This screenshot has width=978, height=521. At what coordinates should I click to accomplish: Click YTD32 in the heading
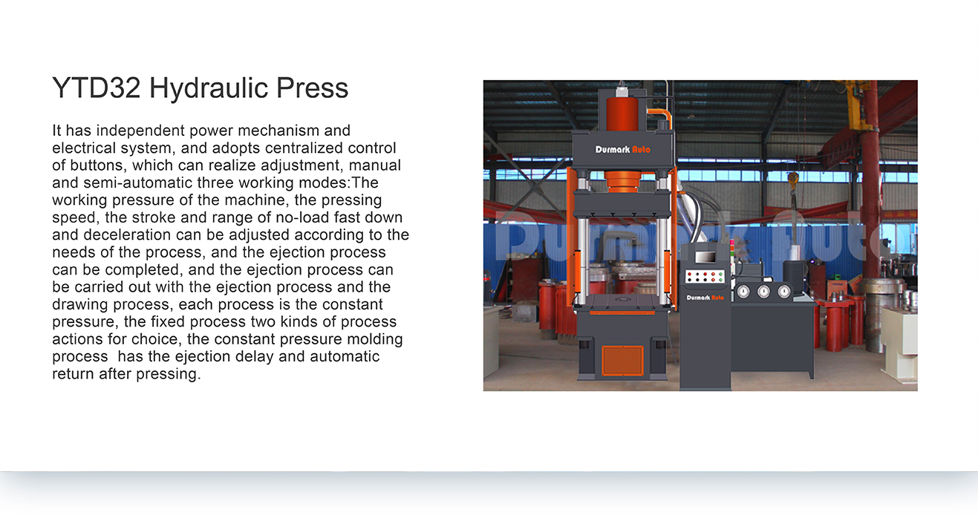point(97,88)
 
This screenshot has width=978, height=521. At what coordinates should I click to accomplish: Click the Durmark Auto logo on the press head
point(622,150)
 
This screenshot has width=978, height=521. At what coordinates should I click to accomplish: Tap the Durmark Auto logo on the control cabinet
point(705,298)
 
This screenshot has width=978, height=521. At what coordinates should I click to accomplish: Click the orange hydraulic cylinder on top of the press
point(622,114)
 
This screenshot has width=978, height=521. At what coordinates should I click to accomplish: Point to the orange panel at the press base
point(622,361)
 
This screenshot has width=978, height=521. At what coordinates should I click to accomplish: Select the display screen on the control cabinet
point(705,257)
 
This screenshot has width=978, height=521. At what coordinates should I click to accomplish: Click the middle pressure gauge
point(763,291)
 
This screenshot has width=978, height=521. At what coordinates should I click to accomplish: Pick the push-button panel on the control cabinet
point(705,277)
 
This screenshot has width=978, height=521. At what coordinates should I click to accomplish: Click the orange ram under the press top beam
point(622,181)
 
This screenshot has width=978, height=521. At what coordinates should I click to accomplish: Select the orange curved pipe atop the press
point(661,116)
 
